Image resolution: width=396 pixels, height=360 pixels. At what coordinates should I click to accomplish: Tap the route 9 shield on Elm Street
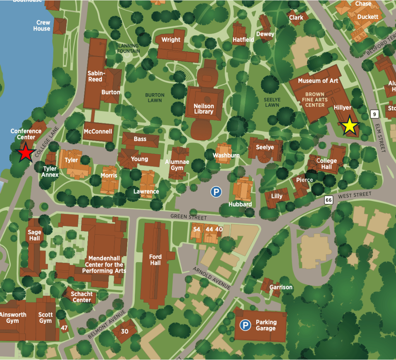pyautogui.click(x=374, y=114)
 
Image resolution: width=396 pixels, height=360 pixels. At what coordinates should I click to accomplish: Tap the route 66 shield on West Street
pyautogui.click(x=329, y=200)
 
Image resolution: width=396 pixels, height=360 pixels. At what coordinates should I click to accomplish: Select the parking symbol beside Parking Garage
pyautogui.click(x=245, y=325)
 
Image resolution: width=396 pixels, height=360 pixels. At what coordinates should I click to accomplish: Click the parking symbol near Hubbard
pyautogui.click(x=216, y=191)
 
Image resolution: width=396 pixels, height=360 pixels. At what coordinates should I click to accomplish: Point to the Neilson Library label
pyautogui.click(x=204, y=109)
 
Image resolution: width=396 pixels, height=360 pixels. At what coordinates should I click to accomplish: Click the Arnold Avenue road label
pyautogui.click(x=212, y=278)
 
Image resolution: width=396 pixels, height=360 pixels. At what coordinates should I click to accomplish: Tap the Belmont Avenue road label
pyautogui.click(x=107, y=324)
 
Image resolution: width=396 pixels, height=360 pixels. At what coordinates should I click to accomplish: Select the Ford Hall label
pyautogui.click(x=155, y=260)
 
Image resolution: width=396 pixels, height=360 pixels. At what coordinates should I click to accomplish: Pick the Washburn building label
pyautogui.click(x=226, y=155)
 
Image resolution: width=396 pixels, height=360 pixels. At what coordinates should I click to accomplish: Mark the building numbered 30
pyautogui.click(x=125, y=331)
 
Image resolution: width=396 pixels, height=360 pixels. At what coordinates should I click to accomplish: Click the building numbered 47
pyautogui.click(x=64, y=328)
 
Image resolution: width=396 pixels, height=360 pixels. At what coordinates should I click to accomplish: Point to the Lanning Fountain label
pyautogui.click(x=128, y=48)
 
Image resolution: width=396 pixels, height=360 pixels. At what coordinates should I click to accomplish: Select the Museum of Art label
pyautogui.click(x=318, y=80)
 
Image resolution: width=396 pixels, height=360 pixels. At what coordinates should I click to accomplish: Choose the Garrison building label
pyautogui.click(x=281, y=287)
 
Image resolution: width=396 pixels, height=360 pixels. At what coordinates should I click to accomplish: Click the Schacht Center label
pyautogui.click(x=82, y=297)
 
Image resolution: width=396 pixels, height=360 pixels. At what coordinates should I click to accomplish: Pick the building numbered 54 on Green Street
pyautogui.click(x=197, y=229)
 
